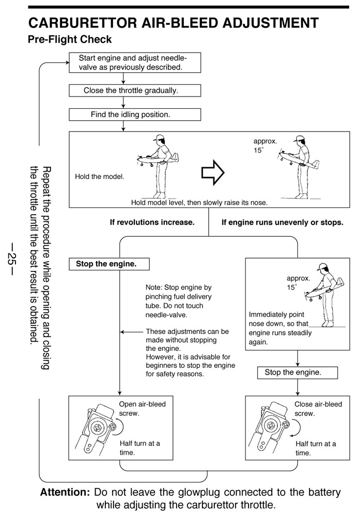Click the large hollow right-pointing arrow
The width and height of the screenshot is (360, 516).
(213, 172)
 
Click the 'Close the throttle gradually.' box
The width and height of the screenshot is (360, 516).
(135, 90)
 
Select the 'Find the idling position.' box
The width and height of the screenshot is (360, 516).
(135, 115)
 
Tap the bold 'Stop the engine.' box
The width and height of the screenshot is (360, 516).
(109, 264)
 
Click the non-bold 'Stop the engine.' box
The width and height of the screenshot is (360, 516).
(298, 373)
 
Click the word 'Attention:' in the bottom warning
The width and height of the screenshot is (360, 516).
(65, 492)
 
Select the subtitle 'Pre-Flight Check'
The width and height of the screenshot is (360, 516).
(70, 40)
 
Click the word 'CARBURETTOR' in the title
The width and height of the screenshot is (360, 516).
(82, 23)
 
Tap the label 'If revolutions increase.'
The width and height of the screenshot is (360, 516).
(152, 222)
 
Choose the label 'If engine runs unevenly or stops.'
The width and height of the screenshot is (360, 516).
(283, 222)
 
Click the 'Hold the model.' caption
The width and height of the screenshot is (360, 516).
(100, 176)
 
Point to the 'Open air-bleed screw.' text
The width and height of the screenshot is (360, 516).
(142, 409)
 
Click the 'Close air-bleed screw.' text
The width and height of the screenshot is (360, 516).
(318, 409)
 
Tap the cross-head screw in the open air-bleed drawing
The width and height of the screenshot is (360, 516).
(98, 428)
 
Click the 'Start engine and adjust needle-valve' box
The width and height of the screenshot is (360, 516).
(135, 62)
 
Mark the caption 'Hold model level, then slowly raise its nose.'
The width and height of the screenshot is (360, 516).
(199, 203)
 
